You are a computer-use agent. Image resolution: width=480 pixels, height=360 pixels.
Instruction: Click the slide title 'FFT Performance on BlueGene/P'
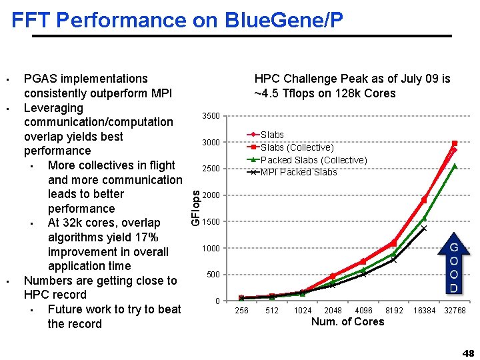177,20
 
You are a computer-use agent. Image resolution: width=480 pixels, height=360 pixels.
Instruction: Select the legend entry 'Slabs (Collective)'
297,147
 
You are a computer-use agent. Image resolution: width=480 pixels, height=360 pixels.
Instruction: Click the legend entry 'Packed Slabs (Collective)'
313,160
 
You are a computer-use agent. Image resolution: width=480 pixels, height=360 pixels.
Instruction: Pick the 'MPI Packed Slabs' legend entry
298,172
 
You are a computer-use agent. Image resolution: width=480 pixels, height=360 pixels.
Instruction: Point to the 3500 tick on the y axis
211,117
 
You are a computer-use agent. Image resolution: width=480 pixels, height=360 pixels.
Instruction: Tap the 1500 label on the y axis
211,222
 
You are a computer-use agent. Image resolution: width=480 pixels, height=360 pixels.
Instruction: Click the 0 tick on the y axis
217,301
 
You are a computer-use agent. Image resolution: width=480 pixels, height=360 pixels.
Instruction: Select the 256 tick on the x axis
242,311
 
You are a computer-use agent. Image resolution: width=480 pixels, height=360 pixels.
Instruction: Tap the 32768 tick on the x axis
455,311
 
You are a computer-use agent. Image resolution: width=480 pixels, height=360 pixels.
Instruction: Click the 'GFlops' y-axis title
195,207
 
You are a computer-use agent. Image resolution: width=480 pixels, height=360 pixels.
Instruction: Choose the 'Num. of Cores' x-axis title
347,322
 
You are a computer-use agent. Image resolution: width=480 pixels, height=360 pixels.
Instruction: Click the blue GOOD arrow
453,265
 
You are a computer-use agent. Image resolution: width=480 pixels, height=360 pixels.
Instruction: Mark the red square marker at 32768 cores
455,143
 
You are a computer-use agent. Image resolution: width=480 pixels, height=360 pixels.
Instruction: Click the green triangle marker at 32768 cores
455,166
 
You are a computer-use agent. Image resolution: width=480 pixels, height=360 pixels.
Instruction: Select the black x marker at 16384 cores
424,228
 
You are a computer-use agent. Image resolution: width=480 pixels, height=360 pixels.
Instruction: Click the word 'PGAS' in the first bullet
39,79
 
